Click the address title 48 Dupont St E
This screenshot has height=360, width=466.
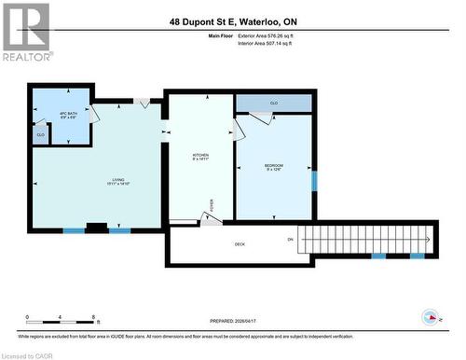tap(232, 21)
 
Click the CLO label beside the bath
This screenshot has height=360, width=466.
tap(41, 135)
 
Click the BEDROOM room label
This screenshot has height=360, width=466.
tap(273, 167)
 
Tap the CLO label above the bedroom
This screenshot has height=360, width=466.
tap(274, 103)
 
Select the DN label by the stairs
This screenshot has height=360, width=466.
tap(291, 240)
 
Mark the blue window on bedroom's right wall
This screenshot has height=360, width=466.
tap(313, 179)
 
